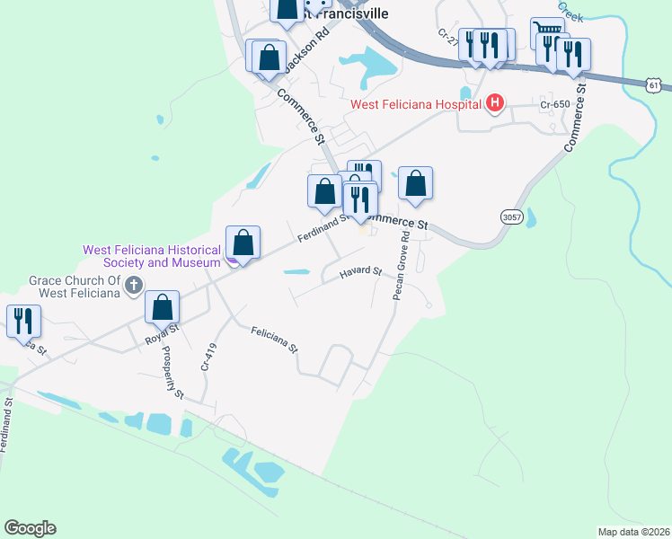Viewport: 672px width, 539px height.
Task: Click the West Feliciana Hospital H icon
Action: coord(493,104)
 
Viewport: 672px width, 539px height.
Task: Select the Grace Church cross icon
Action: coord(134,287)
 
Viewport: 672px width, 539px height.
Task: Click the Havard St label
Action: coord(360,271)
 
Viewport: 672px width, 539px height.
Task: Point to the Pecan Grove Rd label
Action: coord(401,267)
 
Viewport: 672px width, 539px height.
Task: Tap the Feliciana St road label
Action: coord(274,338)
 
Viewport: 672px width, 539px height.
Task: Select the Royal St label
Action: coord(163,340)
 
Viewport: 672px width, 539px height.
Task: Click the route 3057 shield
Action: coord(511,217)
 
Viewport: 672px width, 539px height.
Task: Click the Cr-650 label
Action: coord(555,104)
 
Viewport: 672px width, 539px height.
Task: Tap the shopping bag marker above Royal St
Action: coord(163,307)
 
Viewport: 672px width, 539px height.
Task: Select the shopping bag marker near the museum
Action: coord(243,241)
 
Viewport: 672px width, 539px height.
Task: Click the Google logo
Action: coord(30,528)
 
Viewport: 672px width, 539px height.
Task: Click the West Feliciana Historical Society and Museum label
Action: coord(151,256)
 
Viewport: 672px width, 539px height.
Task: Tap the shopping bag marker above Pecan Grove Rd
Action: coord(415,182)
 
